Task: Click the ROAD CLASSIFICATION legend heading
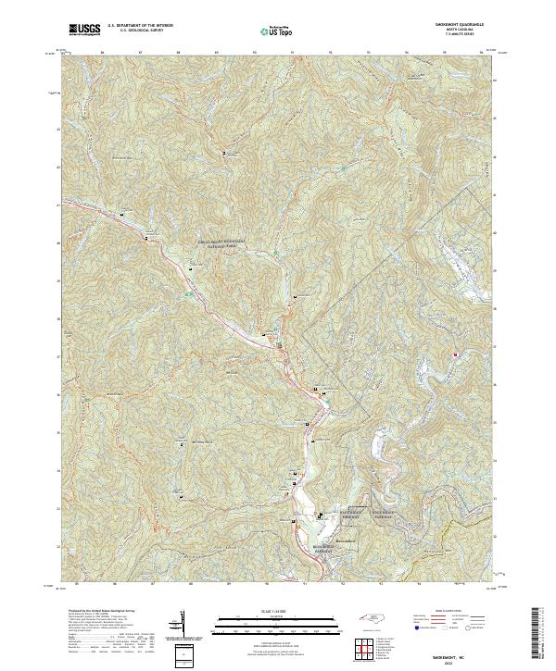436,612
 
